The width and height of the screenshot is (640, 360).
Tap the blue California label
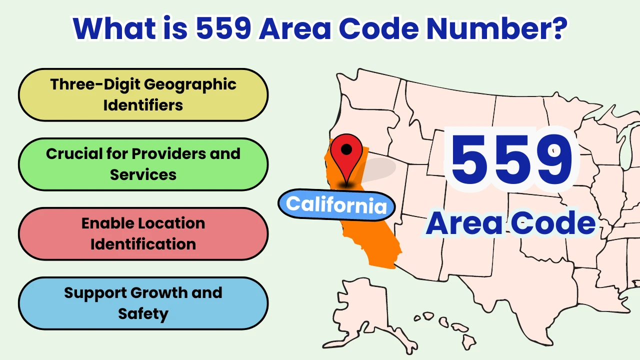click(336, 204)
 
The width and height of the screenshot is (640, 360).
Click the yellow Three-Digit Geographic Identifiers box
click(143, 94)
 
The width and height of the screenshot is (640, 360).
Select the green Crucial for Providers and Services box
click(143, 164)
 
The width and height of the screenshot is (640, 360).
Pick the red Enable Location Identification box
click(143, 233)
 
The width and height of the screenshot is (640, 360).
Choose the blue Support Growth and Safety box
click(143, 303)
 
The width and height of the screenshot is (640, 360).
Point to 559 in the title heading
click(223, 29)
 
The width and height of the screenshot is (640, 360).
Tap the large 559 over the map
click(511, 159)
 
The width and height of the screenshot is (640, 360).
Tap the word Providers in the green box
click(167, 153)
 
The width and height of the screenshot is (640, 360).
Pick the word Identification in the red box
click(143, 244)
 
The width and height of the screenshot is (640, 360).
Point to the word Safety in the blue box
click(143, 313)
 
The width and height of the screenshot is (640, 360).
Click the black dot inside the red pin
click(346, 148)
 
